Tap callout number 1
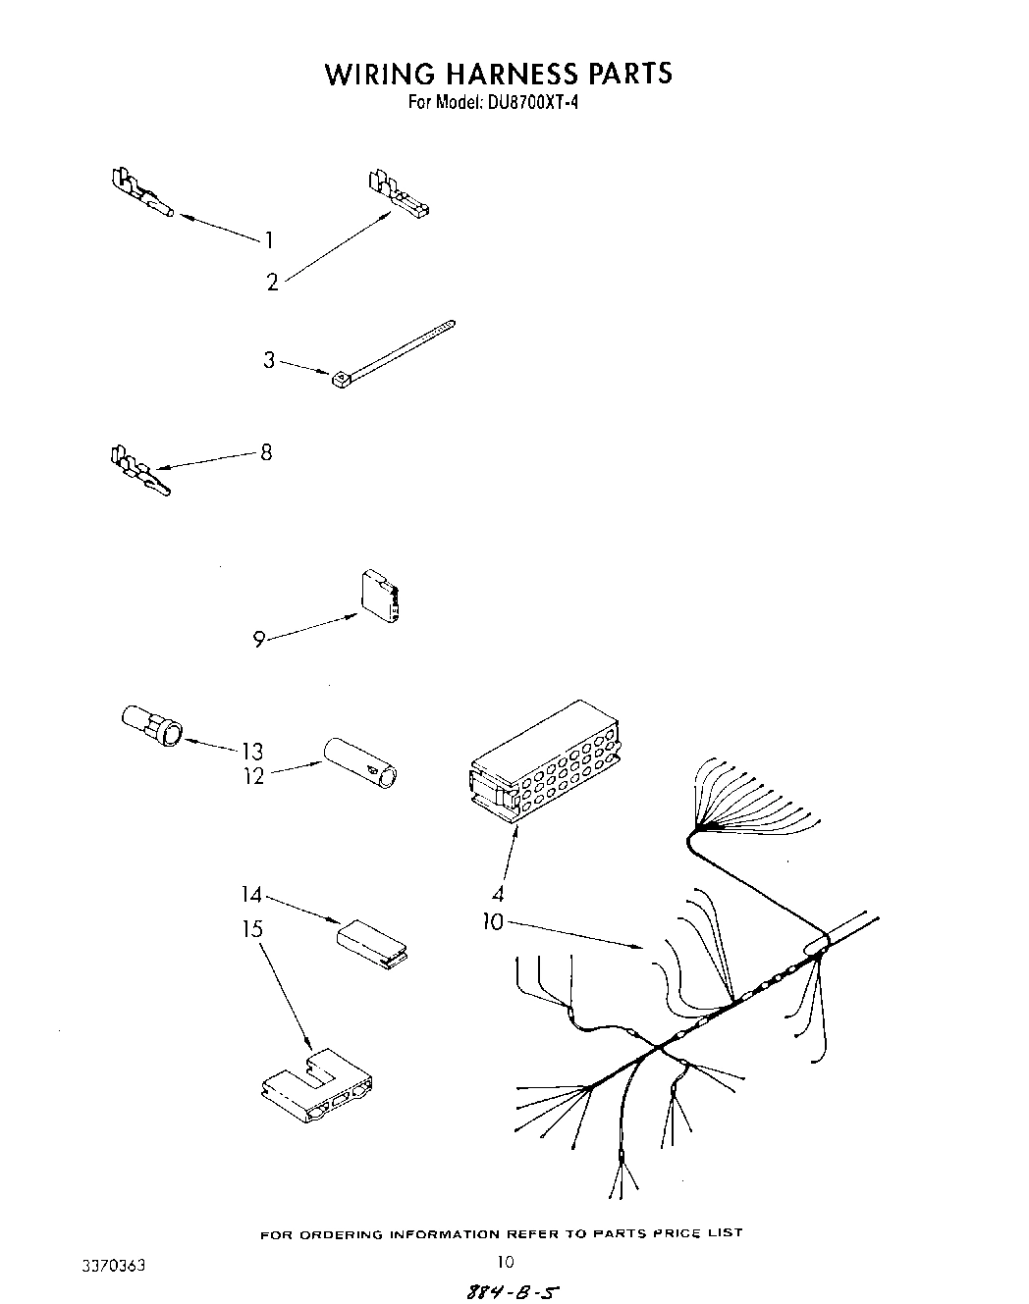[x=268, y=239]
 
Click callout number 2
[x=272, y=283]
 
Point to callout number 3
[x=269, y=360]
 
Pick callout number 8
[x=266, y=452]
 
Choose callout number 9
[x=259, y=640]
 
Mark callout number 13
[x=252, y=751]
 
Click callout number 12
[x=253, y=777]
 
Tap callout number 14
[x=252, y=895]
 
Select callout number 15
[x=252, y=927]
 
